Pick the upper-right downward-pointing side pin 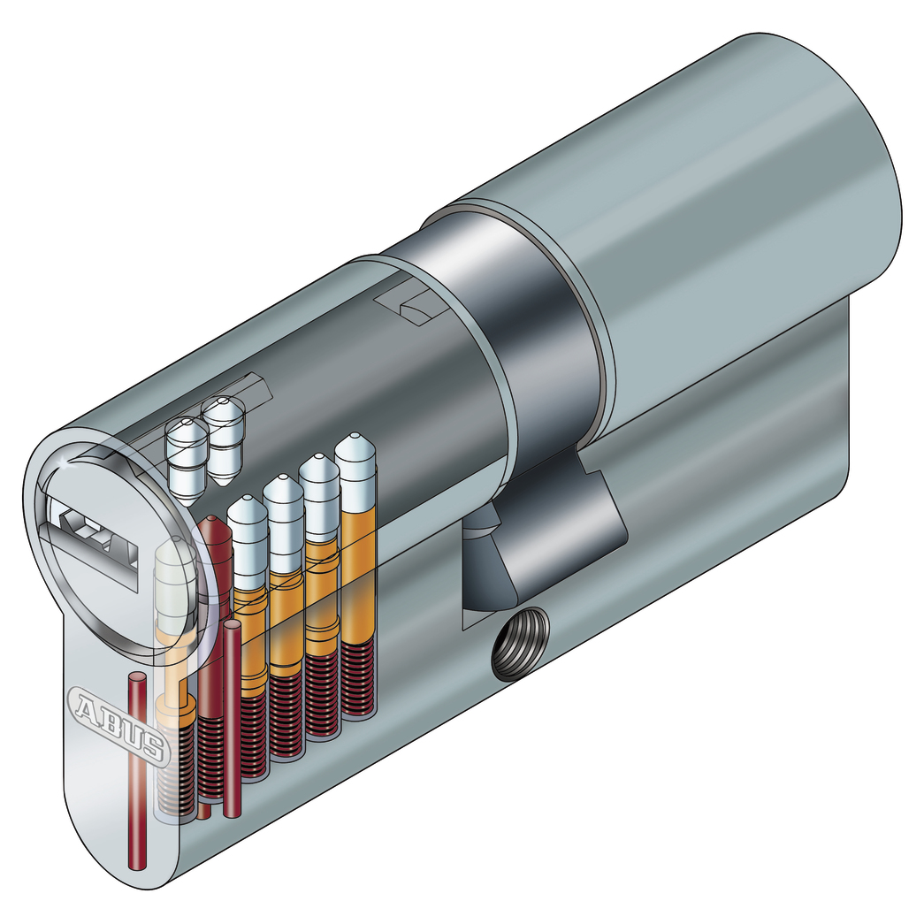coord(223,439)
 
